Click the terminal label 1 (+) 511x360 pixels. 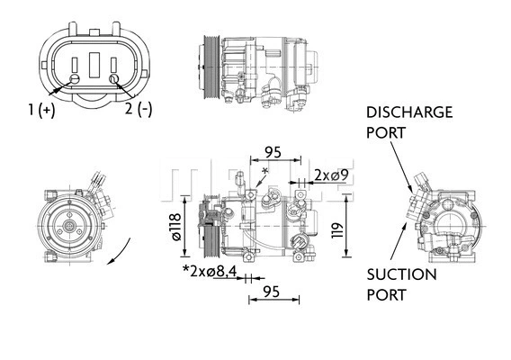(x=40, y=110)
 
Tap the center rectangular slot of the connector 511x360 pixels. (x=94, y=67)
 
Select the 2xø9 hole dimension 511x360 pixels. (x=327, y=175)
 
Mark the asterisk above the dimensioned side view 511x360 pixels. (x=264, y=171)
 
